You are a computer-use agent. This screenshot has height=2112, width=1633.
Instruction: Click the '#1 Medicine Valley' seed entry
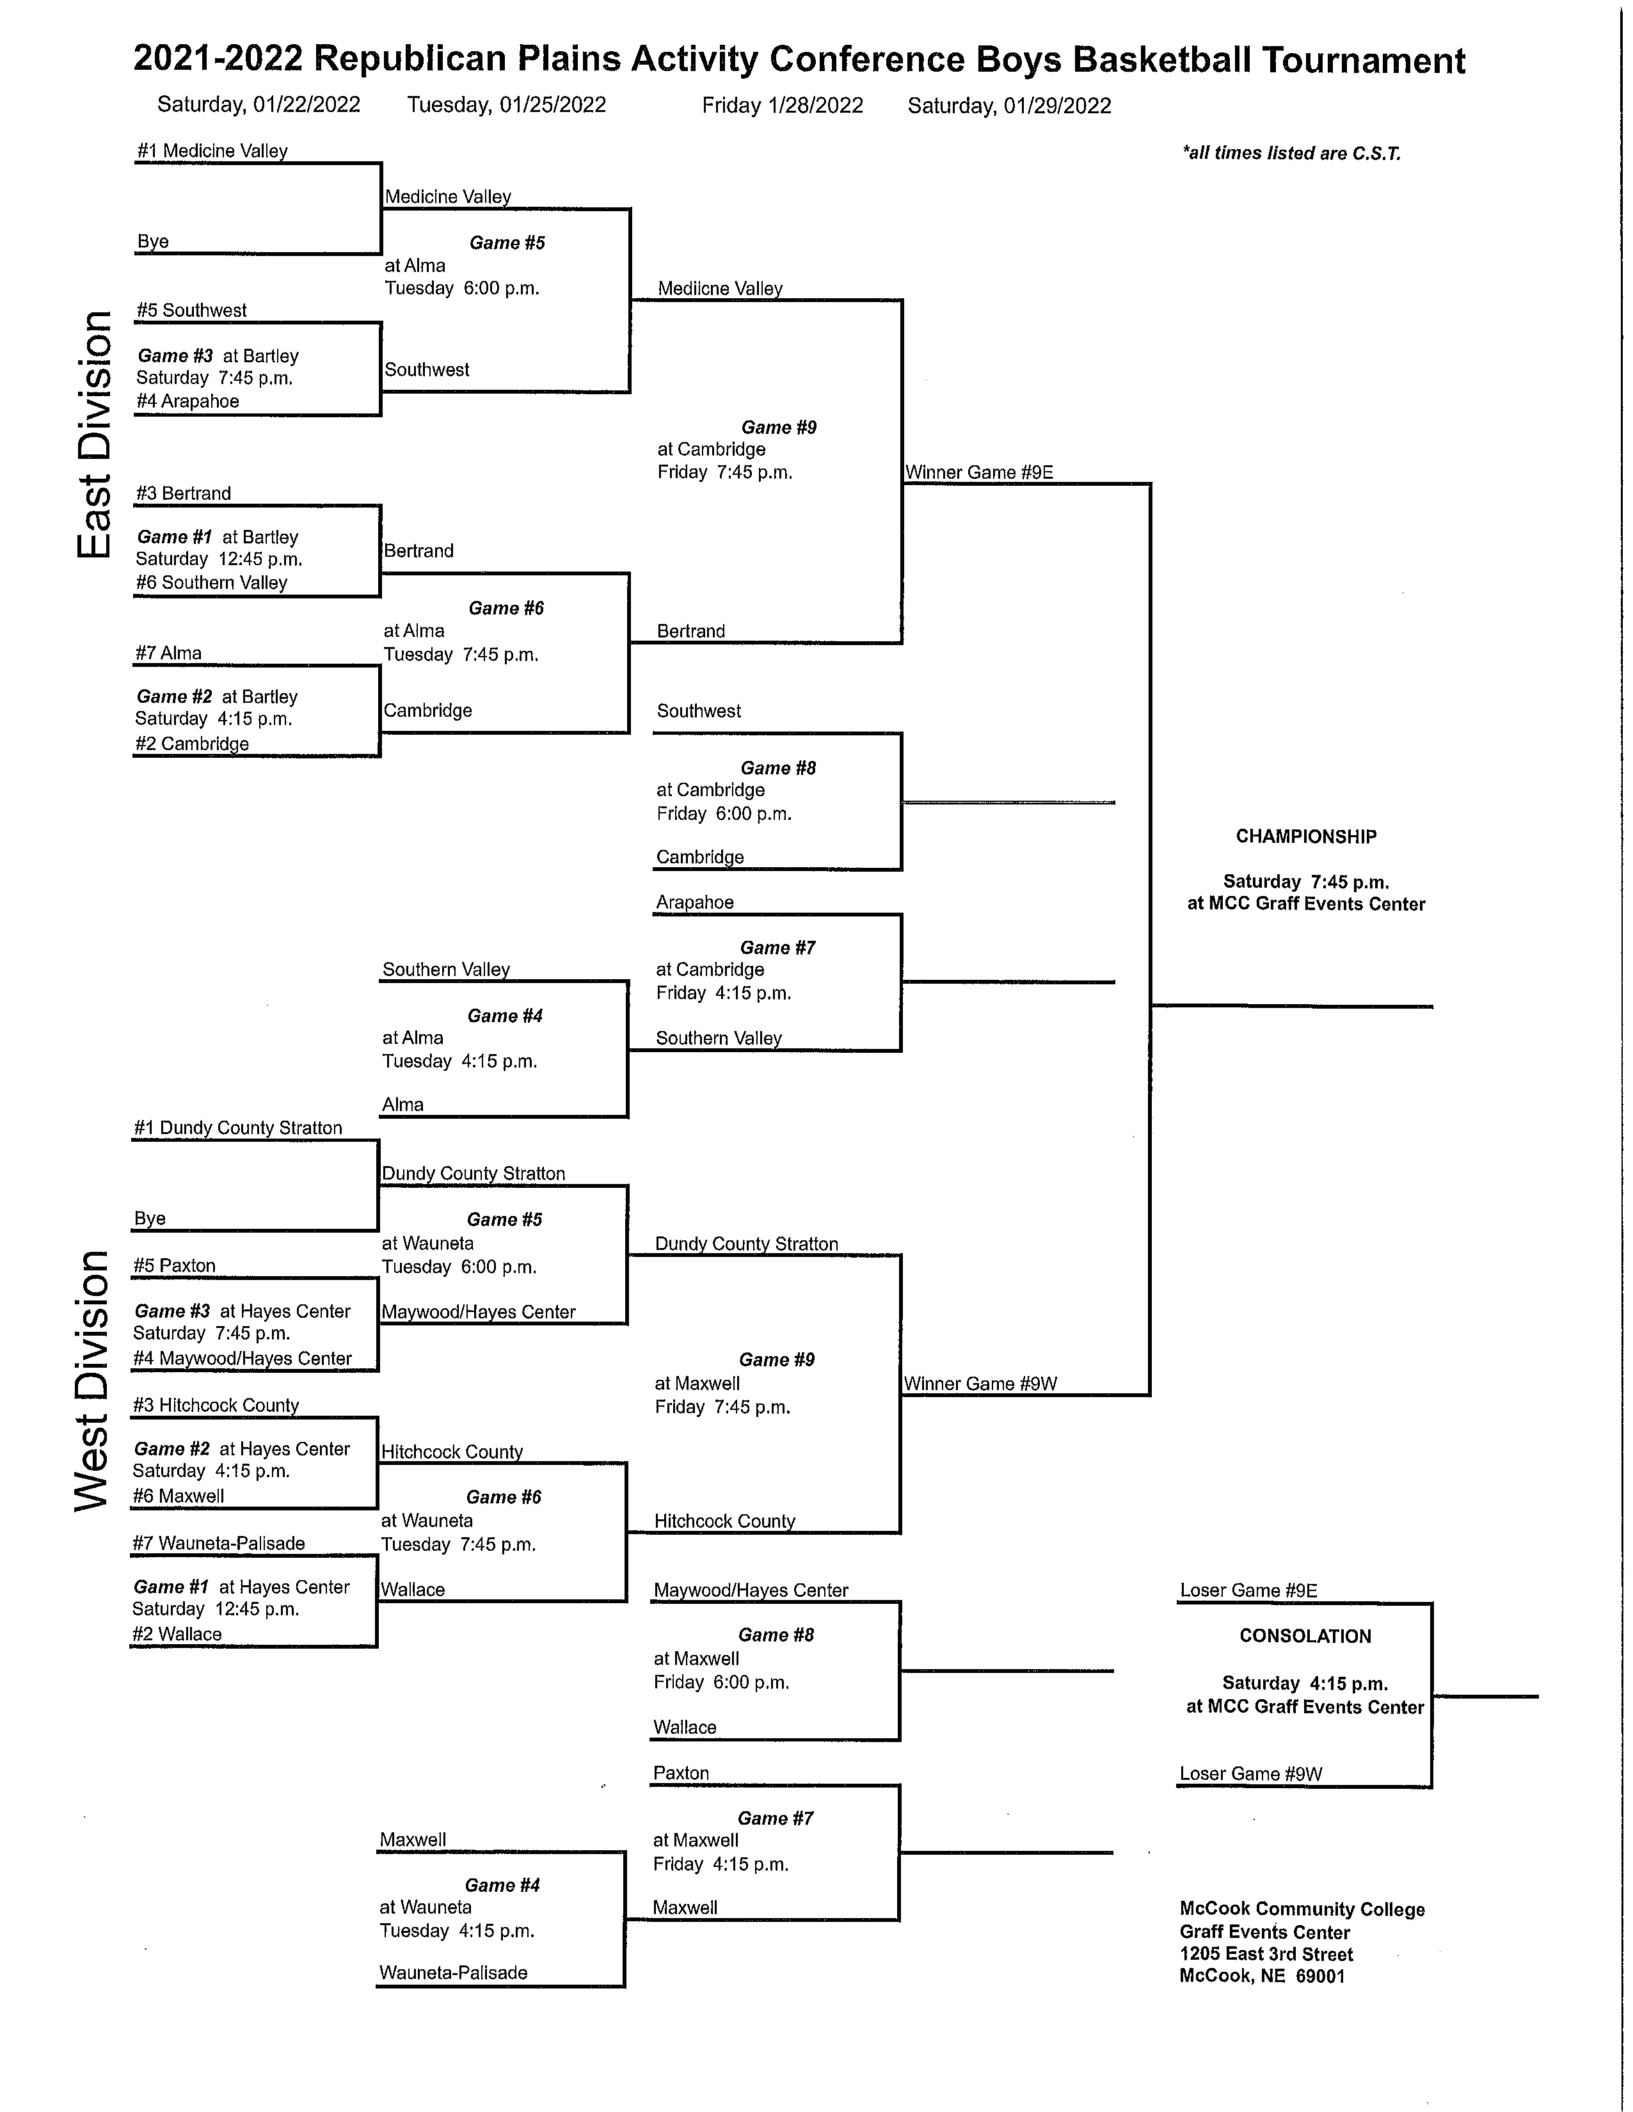(x=212, y=151)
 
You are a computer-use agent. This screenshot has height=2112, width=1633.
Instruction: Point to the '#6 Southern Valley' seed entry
(x=212, y=582)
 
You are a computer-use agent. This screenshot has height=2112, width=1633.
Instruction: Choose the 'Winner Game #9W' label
(x=980, y=1384)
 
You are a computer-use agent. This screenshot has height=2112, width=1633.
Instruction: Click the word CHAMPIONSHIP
(x=1306, y=836)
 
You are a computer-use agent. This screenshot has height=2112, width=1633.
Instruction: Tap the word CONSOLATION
(x=1305, y=1636)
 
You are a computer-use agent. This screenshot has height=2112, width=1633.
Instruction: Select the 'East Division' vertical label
(x=94, y=435)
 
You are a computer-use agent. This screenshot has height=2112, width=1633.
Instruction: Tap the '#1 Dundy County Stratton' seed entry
(x=238, y=1128)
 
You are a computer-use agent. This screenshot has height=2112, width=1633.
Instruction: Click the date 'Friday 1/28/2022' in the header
(x=782, y=106)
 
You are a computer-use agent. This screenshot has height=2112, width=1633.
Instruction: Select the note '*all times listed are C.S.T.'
(x=1291, y=153)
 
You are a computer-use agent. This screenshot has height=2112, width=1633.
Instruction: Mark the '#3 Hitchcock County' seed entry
(x=216, y=1405)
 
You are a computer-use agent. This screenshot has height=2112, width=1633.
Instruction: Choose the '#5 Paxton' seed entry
(x=175, y=1266)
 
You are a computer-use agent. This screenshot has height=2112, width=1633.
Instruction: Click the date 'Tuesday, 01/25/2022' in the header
(x=507, y=106)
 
